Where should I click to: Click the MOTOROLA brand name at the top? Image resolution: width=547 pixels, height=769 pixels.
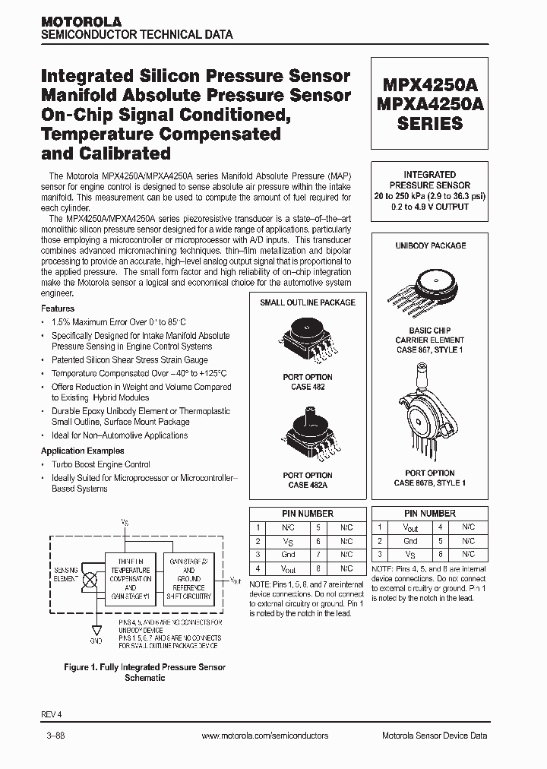81,22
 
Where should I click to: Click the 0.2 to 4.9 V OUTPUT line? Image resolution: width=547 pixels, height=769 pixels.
430,206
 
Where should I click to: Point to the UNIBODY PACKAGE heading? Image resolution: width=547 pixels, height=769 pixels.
430,245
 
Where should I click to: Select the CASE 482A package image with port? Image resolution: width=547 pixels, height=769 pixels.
308,437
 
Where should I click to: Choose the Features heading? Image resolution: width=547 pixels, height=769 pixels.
58,309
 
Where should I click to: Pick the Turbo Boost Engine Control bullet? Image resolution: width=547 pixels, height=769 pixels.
100,464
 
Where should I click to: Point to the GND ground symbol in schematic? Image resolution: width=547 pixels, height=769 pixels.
95,631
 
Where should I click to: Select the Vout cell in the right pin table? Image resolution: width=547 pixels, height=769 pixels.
410,527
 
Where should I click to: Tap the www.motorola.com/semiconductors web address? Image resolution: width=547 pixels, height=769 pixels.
266,736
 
